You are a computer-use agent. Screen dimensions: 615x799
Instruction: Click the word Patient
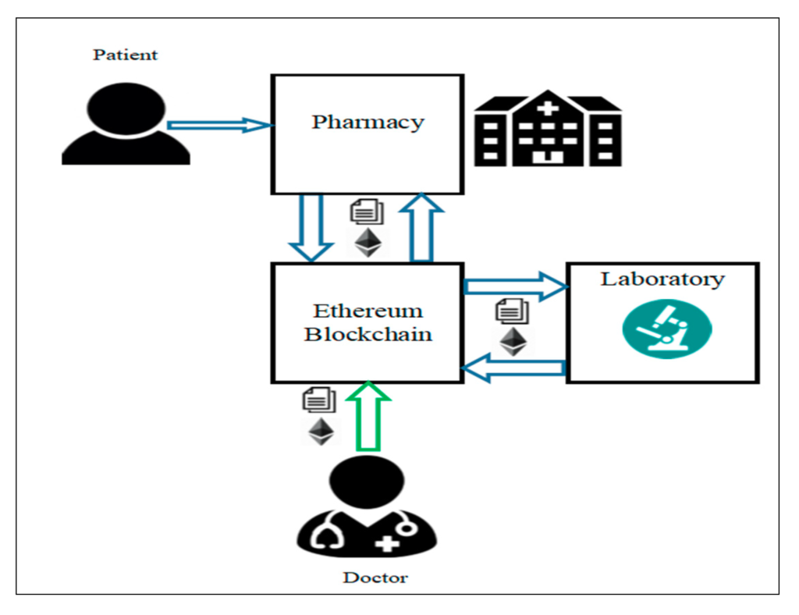(x=125, y=55)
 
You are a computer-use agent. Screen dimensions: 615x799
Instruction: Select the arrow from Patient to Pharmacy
(x=218, y=125)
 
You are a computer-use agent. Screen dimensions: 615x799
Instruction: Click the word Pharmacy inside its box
(x=368, y=122)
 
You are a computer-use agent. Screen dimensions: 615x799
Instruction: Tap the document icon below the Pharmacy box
(x=367, y=212)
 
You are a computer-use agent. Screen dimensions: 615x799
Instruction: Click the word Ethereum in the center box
(x=368, y=311)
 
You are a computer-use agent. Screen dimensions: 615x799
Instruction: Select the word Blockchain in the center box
(x=368, y=334)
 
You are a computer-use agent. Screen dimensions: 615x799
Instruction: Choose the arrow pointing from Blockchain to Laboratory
(x=515, y=286)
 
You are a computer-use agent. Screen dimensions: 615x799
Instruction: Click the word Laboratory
(x=662, y=279)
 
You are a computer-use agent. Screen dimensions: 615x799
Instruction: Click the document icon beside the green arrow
(x=318, y=400)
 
